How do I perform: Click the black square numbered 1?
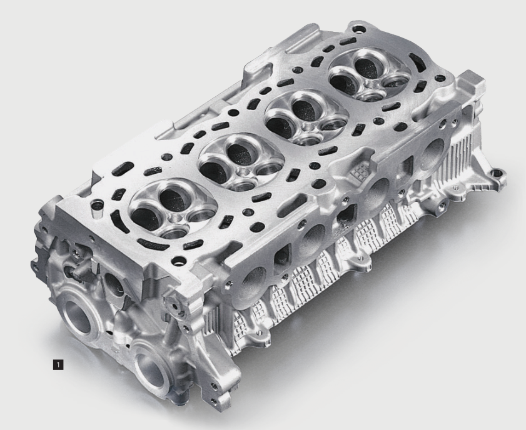pos(58,364)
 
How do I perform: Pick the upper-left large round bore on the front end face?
pos(79,317)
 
